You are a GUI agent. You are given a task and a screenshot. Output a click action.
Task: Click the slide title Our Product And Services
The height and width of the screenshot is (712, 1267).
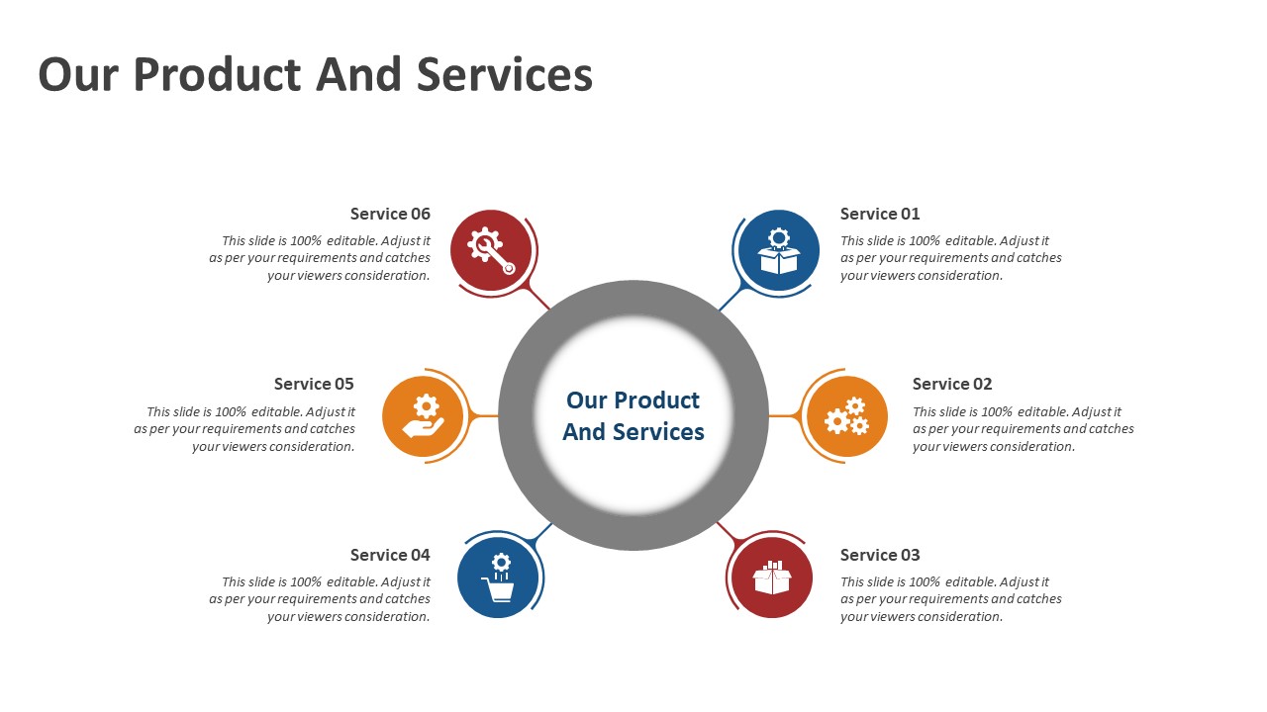(x=315, y=75)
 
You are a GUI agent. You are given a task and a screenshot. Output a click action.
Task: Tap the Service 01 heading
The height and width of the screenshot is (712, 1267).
(x=880, y=214)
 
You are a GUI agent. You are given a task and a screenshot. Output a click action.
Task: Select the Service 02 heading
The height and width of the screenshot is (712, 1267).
(x=952, y=384)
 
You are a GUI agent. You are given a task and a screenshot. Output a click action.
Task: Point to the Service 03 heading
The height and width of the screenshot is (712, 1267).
(x=880, y=555)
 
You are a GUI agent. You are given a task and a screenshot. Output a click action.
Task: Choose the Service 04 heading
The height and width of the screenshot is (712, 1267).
(x=390, y=555)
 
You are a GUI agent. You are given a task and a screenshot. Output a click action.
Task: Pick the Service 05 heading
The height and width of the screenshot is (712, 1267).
(x=314, y=384)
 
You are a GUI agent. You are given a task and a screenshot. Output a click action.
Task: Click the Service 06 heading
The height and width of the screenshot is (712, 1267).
(x=390, y=214)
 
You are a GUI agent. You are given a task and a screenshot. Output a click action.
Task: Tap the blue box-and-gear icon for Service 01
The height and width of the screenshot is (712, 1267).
(x=779, y=250)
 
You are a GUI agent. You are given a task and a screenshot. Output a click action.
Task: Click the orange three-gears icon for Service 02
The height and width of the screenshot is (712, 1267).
(x=846, y=416)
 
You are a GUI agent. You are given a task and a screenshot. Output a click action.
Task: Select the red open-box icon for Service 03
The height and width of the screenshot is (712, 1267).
(x=772, y=578)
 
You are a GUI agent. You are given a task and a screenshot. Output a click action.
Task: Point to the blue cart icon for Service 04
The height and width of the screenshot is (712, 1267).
(x=499, y=578)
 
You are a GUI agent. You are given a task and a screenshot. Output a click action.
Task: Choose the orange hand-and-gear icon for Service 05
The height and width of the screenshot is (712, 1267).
(x=423, y=416)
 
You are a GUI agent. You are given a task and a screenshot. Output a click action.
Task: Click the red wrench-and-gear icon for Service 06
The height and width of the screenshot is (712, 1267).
(x=491, y=250)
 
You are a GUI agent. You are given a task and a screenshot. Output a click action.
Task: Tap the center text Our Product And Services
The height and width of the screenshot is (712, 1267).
(x=633, y=416)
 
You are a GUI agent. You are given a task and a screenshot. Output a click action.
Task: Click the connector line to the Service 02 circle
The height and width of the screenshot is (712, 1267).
(x=783, y=416)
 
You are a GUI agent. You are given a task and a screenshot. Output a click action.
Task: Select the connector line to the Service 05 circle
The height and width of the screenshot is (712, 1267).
(x=484, y=416)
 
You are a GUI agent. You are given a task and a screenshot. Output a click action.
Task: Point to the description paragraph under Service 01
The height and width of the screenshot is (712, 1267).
(x=950, y=258)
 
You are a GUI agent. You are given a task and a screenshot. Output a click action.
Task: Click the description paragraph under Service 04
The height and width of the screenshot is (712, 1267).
(x=321, y=599)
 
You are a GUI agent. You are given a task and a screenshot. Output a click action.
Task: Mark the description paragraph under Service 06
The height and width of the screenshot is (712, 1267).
(x=321, y=258)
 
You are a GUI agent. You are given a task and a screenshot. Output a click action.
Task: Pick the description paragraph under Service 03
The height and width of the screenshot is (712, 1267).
(x=950, y=599)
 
